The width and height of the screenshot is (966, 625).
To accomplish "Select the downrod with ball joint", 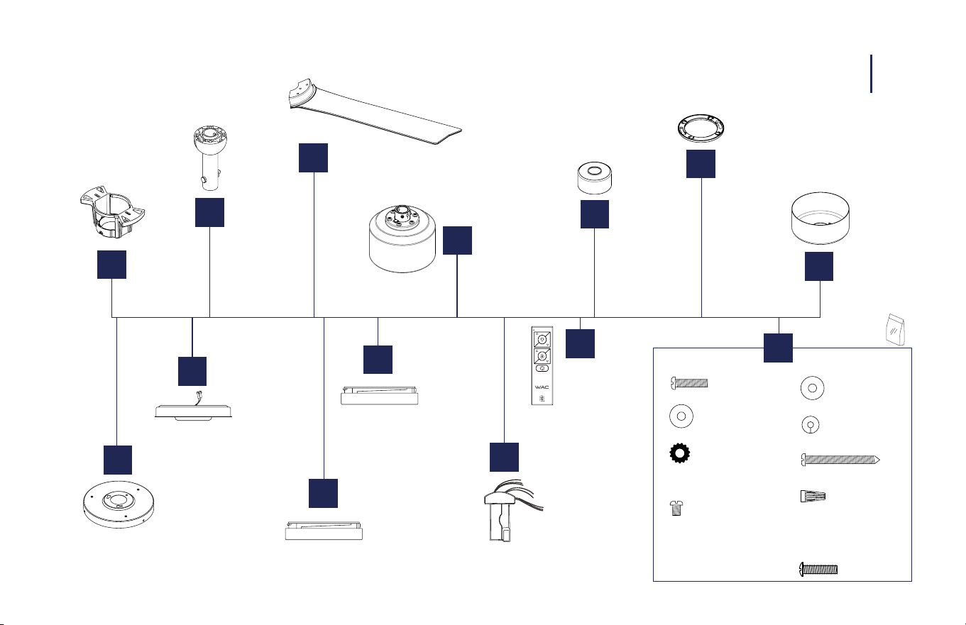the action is [x=210, y=157].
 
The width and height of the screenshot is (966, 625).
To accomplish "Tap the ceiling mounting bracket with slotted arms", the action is [x=112, y=213].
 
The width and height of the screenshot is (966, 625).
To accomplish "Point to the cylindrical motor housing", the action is [x=402, y=239].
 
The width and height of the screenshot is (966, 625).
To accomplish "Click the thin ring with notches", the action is [x=701, y=128].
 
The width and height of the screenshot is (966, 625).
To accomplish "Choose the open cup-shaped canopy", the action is [x=820, y=218].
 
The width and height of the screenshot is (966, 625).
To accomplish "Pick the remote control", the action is [x=542, y=365].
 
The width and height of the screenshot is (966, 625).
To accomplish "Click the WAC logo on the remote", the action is [x=542, y=387].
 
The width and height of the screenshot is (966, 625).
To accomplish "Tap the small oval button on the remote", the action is [x=542, y=368].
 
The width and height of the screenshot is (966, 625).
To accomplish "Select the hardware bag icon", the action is [x=895, y=330].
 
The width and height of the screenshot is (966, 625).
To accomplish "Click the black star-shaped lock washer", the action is [x=680, y=453].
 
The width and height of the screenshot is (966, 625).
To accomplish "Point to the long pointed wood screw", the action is [x=840, y=460].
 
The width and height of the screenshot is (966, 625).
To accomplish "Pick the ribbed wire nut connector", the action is [x=813, y=496].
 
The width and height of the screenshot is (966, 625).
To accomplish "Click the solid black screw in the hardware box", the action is [x=818, y=570].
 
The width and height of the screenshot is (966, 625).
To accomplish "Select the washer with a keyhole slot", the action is [x=811, y=424].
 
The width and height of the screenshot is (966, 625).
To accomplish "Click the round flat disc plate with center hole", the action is [x=119, y=504].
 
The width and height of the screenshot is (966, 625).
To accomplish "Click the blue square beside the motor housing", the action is [x=457, y=240].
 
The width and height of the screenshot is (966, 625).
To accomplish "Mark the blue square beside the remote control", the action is [x=580, y=343].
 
